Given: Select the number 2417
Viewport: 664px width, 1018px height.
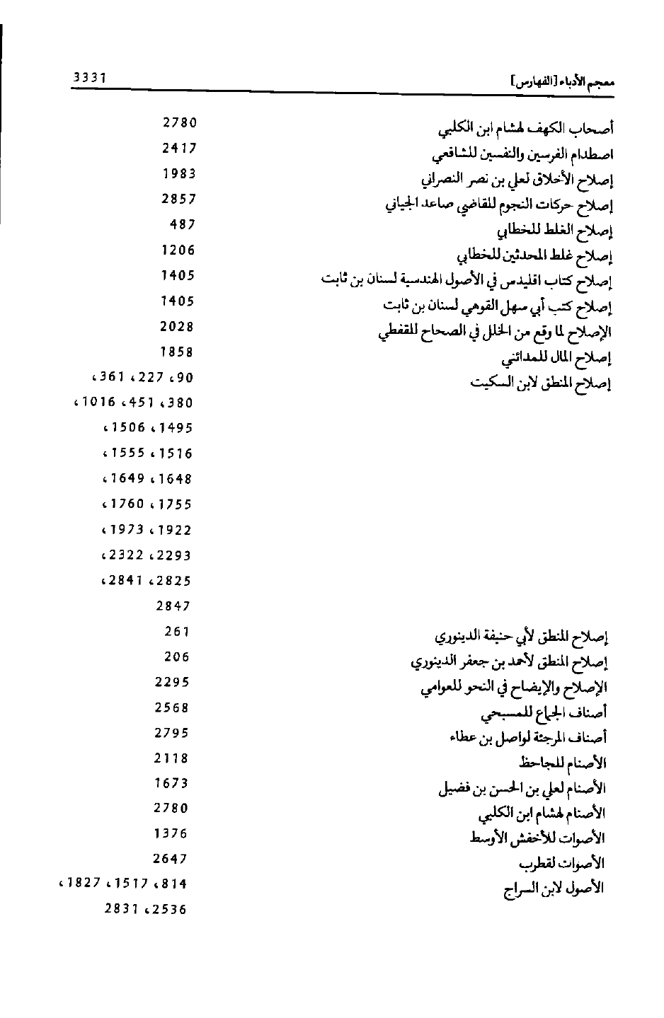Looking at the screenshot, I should pyautogui.click(x=179, y=149).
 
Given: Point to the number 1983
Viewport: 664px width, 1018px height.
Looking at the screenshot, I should pyautogui.click(x=179, y=174).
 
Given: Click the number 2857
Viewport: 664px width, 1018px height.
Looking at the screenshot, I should pyautogui.click(x=179, y=199).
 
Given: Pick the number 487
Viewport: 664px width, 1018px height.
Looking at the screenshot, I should pyautogui.click(x=183, y=225).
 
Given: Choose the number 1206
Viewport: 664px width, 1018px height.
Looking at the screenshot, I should pyautogui.click(x=178, y=250).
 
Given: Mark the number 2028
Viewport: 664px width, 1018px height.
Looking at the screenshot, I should pyautogui.click(x=178, y=327).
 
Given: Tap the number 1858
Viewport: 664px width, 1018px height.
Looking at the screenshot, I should pyautogui.click(x=178, y=352).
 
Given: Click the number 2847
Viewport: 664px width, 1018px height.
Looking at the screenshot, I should pyautogui.click(x=173, y=606).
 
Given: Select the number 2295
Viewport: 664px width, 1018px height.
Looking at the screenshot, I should pyautogui.click(x=172, y=683).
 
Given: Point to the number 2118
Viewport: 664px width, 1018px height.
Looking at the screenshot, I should pyautogui.click(x=172, y=758).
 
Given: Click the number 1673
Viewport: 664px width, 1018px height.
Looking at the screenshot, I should pyautogui.click(x=171, y=783).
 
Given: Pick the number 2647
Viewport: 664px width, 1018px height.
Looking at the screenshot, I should pyautogui.click(x=171, y=860).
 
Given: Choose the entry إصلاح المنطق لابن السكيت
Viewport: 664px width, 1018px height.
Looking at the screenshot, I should pyautogui.click(x=541, y=383).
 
